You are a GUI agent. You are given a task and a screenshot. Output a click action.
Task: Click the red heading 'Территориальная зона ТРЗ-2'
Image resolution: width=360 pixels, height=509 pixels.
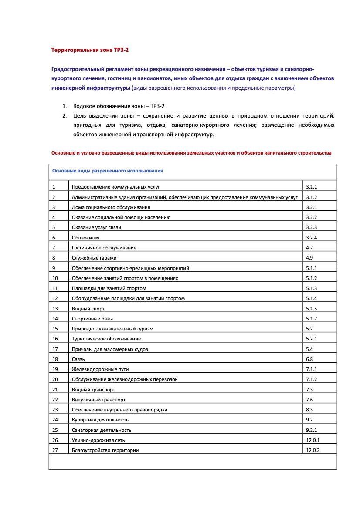click(x=90, y=50)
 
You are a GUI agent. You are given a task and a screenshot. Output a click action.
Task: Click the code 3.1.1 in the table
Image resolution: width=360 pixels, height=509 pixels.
click(x=311, y=187)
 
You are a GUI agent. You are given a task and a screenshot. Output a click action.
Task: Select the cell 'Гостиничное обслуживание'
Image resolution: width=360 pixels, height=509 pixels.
click(x=104, y=248)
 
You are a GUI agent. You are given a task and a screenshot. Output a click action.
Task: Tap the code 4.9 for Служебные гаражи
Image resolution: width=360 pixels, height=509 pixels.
click(x=309, y=258)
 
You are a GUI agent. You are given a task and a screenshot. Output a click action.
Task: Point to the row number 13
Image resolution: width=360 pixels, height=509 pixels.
click(x=55, y=308)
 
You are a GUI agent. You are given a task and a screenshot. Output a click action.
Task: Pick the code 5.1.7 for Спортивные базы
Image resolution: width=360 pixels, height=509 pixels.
click(x=311, y=319)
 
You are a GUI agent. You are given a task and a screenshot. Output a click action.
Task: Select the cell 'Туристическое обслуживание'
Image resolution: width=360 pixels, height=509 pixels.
click(x=106, y=339)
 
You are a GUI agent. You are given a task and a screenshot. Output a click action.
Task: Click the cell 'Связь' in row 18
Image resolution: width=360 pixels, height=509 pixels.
click(x=78, y=359)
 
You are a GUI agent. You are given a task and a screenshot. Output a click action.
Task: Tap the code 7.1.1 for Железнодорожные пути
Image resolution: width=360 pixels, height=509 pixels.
click(x=311, y=369)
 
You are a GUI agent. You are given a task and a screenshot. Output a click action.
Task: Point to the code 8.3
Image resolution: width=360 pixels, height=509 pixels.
click(x=309, y=410)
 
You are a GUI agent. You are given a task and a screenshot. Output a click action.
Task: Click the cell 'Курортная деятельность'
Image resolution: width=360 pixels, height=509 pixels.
click(x=100, y=420)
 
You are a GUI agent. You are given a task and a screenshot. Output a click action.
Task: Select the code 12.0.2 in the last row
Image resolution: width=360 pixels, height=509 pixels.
click(x=313, y=450)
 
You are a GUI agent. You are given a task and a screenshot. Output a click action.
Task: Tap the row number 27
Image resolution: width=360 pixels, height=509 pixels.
click(x=55, y=450)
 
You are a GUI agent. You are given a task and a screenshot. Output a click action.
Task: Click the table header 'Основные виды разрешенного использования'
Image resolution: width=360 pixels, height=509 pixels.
click(x=108, y=171)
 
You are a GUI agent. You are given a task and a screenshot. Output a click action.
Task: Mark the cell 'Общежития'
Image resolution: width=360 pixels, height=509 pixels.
click(x=86, y=238)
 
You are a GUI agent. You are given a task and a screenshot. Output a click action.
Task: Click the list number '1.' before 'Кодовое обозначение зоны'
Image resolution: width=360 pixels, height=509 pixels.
click(x=65, y=106)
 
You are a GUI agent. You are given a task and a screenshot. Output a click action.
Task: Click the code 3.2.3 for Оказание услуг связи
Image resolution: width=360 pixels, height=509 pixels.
click(x=311, y=227)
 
